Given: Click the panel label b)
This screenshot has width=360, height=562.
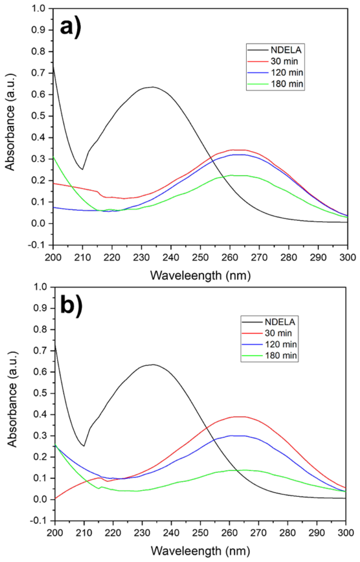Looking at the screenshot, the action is [72, 305].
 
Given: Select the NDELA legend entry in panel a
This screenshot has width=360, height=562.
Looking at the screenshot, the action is [274, 50].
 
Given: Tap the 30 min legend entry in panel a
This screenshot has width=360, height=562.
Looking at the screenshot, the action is [273, 61].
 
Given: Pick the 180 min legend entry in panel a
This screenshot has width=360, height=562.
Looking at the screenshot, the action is [275, 84].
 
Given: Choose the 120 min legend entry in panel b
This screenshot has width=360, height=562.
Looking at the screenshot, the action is [269, 344].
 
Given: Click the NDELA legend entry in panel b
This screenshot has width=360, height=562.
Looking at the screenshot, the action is [269, 322].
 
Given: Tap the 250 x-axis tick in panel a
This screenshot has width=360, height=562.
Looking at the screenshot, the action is [200, 257].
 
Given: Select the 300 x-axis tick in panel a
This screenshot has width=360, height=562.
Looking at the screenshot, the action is [347, 257].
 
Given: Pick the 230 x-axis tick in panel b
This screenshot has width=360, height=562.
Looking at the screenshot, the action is [142, 533].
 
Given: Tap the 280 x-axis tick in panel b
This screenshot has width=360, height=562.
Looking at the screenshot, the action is [288, 533].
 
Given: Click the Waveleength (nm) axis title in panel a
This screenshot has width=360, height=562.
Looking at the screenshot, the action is [200, 276].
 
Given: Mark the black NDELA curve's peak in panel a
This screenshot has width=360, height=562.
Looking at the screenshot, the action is [153, 87].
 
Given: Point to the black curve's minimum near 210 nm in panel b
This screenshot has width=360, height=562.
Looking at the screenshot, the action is [84, 446].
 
